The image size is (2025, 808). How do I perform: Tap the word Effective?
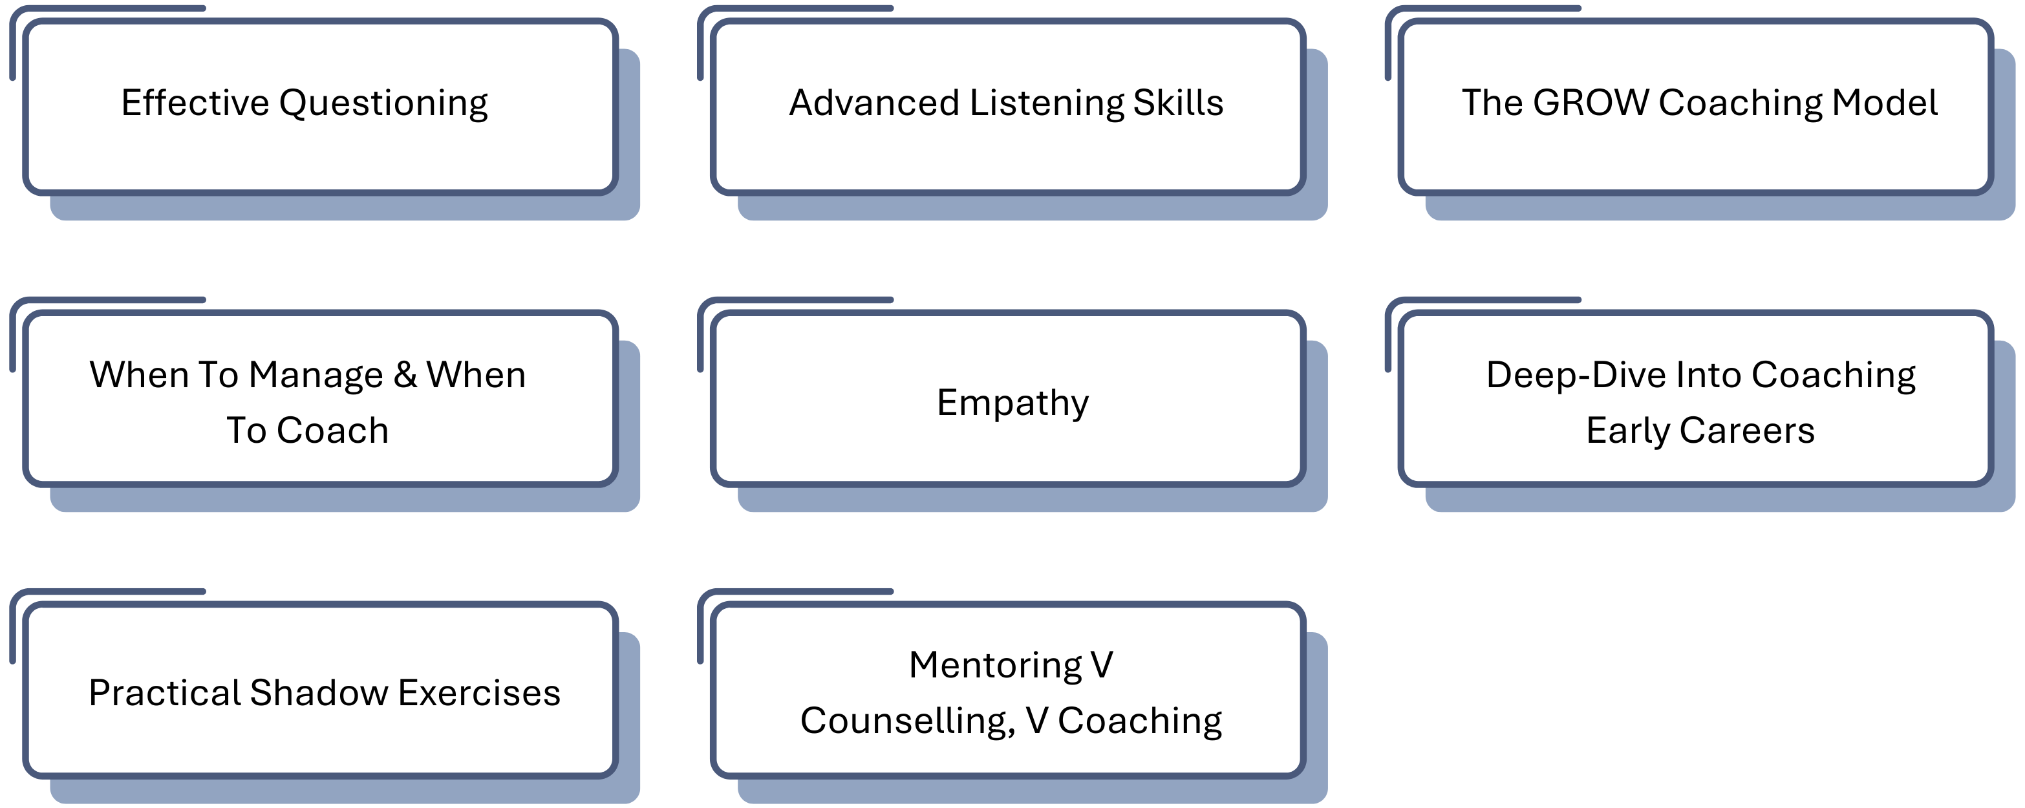coord(195,103)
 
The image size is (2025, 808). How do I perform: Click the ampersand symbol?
coord(405,375)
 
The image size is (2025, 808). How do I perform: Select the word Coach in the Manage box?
coord(332,431)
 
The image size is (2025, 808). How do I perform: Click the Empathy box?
coord(1012,403)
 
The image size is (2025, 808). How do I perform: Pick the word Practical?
coord(164,693)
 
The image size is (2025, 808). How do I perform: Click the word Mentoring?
coord(994,666)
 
